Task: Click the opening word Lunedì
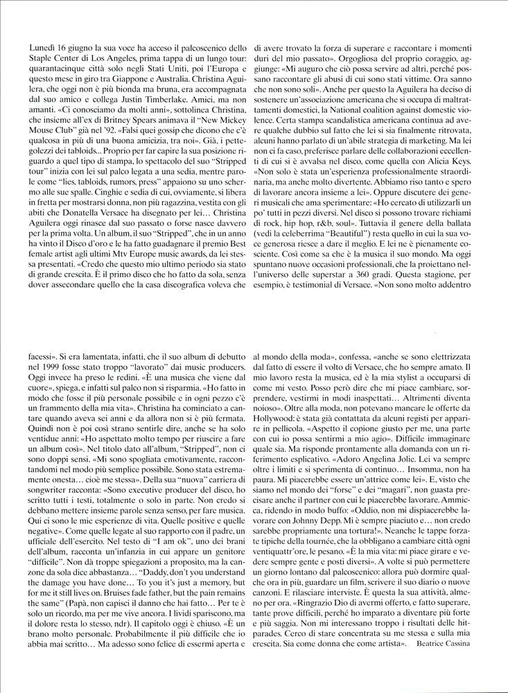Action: pyautogui.click(x=44, y=47)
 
